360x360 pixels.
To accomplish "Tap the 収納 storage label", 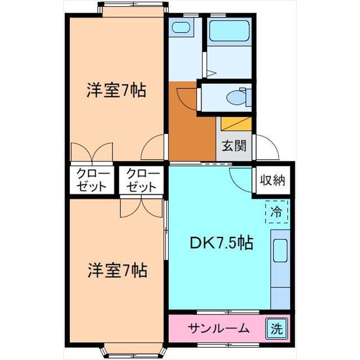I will (x=273, y=181).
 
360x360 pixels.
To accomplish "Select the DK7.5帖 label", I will (x=220, y=244).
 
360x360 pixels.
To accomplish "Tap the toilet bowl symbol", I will (x=236, y=97).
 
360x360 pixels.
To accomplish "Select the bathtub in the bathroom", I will (x=229, y=32).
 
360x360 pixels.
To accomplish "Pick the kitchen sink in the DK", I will (x=280, y=251).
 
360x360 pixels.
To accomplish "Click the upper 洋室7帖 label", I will (x=116, y=90).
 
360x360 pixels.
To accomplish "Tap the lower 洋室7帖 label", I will (x=116, y=271).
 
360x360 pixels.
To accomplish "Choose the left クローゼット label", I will (x=91, y=180).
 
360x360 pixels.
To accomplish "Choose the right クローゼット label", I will (x=141, y=180).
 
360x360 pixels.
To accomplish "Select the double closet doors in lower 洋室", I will (x=141, y=206).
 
